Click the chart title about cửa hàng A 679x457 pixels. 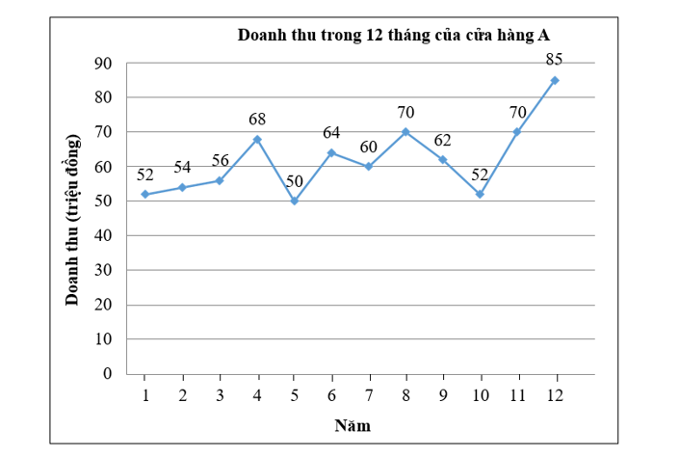(394, 36)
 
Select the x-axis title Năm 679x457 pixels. (353, 425)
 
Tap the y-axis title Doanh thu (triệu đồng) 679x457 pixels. (73, 219)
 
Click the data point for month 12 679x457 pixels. (555, 80)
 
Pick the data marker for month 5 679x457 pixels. (295, 201)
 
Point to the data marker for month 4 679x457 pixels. (257, 139)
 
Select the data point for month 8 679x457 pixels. (405, 132)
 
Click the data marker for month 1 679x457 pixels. (144, 194)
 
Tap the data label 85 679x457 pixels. (554, 60)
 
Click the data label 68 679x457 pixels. (256, 120)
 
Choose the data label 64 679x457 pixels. (332, 133)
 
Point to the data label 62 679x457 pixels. (442, 140)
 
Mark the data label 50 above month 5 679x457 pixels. (295, 181)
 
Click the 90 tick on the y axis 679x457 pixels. (103, 64)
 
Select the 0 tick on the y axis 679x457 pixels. (108, 373)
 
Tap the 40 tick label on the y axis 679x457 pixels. (103, 235)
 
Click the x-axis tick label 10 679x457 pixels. (480, 395)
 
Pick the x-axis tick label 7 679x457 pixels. (369, 395)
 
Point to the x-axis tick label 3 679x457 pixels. (220, 395)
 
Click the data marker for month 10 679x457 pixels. (480, 194)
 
